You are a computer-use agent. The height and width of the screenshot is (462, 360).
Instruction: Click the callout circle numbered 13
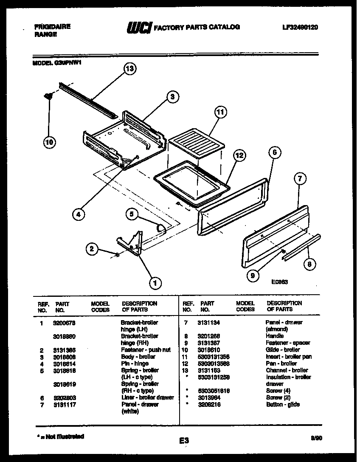130,69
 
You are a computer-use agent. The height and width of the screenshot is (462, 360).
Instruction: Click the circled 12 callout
240,156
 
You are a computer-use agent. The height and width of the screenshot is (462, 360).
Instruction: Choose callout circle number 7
300,179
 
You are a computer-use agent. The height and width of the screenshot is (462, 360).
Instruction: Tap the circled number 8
309,264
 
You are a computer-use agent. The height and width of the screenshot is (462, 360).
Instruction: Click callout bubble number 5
132,215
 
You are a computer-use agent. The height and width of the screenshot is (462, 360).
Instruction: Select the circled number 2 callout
92,249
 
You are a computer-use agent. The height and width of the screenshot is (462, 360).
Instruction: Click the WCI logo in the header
139,28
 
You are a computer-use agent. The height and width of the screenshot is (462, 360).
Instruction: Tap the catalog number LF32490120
300,27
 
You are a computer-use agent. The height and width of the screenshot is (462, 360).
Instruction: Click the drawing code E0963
280,281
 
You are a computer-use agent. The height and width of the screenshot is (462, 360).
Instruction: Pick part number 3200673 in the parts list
65,323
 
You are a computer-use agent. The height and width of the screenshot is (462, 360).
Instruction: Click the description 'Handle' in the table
275,336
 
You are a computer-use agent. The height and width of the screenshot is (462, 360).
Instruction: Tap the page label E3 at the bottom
183,441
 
